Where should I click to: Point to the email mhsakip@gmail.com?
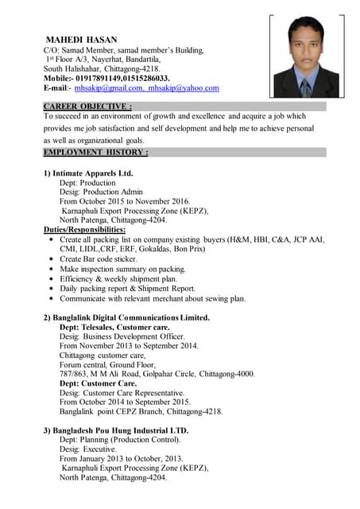pos(109,88)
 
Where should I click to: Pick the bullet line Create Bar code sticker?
pos(99,259)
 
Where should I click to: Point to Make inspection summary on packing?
pos(122,270)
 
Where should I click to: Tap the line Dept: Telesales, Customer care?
pos(114,327)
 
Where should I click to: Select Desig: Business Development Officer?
pos(122,336)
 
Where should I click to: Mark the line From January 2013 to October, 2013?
pos(121,459)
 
